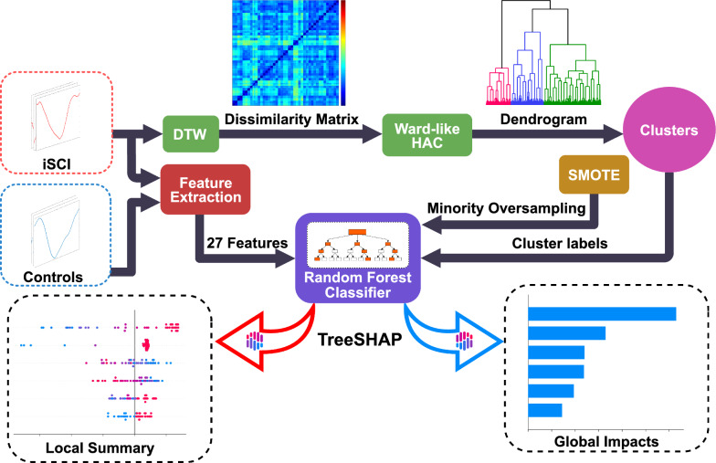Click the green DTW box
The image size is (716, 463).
click(191, 133)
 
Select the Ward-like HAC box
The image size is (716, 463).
click(427, 135)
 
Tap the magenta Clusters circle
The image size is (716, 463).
click(669, 130)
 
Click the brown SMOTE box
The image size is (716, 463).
click(594, 174)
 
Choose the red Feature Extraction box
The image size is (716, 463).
click(205, 190)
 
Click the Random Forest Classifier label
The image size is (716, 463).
click(358, 285)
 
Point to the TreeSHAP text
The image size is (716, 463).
click(360, 340)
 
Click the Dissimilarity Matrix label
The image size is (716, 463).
click(292, 120)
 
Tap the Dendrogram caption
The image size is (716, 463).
click(543, 120)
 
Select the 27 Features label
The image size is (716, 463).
click(247, 243)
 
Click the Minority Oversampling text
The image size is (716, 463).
click(506, 208)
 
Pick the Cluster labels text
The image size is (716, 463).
click(560, 243)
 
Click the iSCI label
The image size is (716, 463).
click(57, 164)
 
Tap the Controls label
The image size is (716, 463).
click(53, 277)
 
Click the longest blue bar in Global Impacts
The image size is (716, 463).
click(602, 314)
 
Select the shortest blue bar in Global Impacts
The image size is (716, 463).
click(545, 410)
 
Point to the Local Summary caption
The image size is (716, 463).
click(100, 447)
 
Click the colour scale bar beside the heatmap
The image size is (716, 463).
click(343, 53)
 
